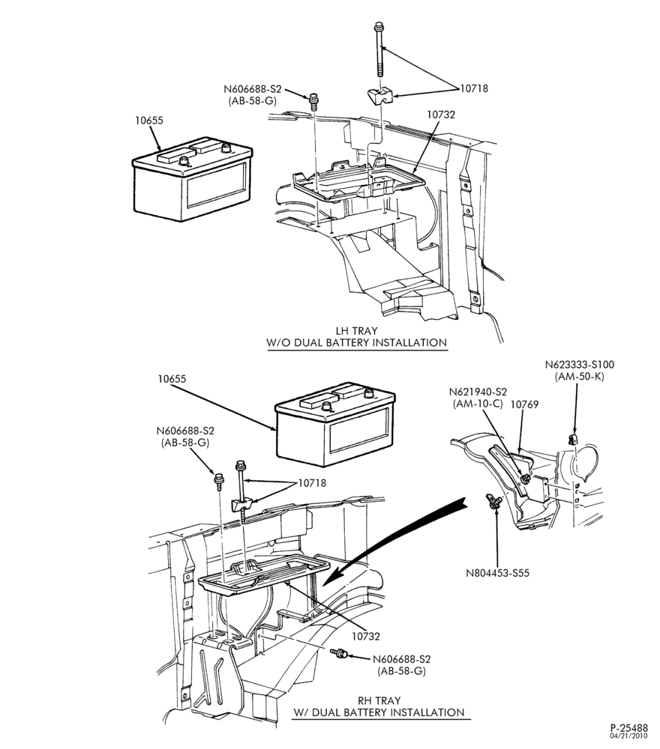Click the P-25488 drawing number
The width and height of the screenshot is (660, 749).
pos(628,729)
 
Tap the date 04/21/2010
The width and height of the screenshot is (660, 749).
pos(629,736)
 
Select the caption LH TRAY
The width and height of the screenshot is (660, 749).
pos(356,330)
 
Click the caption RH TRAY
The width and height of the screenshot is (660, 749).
pos(379,701)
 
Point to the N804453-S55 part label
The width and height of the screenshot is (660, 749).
pos(498,572)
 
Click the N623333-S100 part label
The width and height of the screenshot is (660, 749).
pos(580,365)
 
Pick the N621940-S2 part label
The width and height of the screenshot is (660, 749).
pos(478,392)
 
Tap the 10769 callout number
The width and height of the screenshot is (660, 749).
pos(525,404)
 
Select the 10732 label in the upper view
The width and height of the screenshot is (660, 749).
pos(441,114)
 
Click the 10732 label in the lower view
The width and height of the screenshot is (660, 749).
pos(365,636)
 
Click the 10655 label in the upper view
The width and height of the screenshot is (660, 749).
pos(148,120)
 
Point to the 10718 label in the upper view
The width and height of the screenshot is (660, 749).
pos(474,88)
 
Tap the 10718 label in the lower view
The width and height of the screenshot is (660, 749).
pos(312,483)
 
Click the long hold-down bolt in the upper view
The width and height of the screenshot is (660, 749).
pos(379,49)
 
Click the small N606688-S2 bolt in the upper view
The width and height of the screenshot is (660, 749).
pos(313,101)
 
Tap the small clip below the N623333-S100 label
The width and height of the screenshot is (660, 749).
pos(573,439)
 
